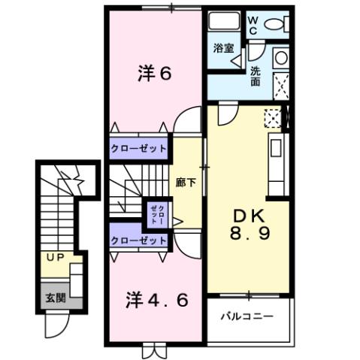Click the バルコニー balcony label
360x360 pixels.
click(247, 316)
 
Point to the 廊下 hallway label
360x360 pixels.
click(185, 181)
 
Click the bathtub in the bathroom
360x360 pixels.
click(223, 22)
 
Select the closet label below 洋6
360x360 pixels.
click(139, 148)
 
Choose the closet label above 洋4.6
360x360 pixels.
click(139, 241)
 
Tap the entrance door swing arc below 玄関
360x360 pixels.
click(55, 326)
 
